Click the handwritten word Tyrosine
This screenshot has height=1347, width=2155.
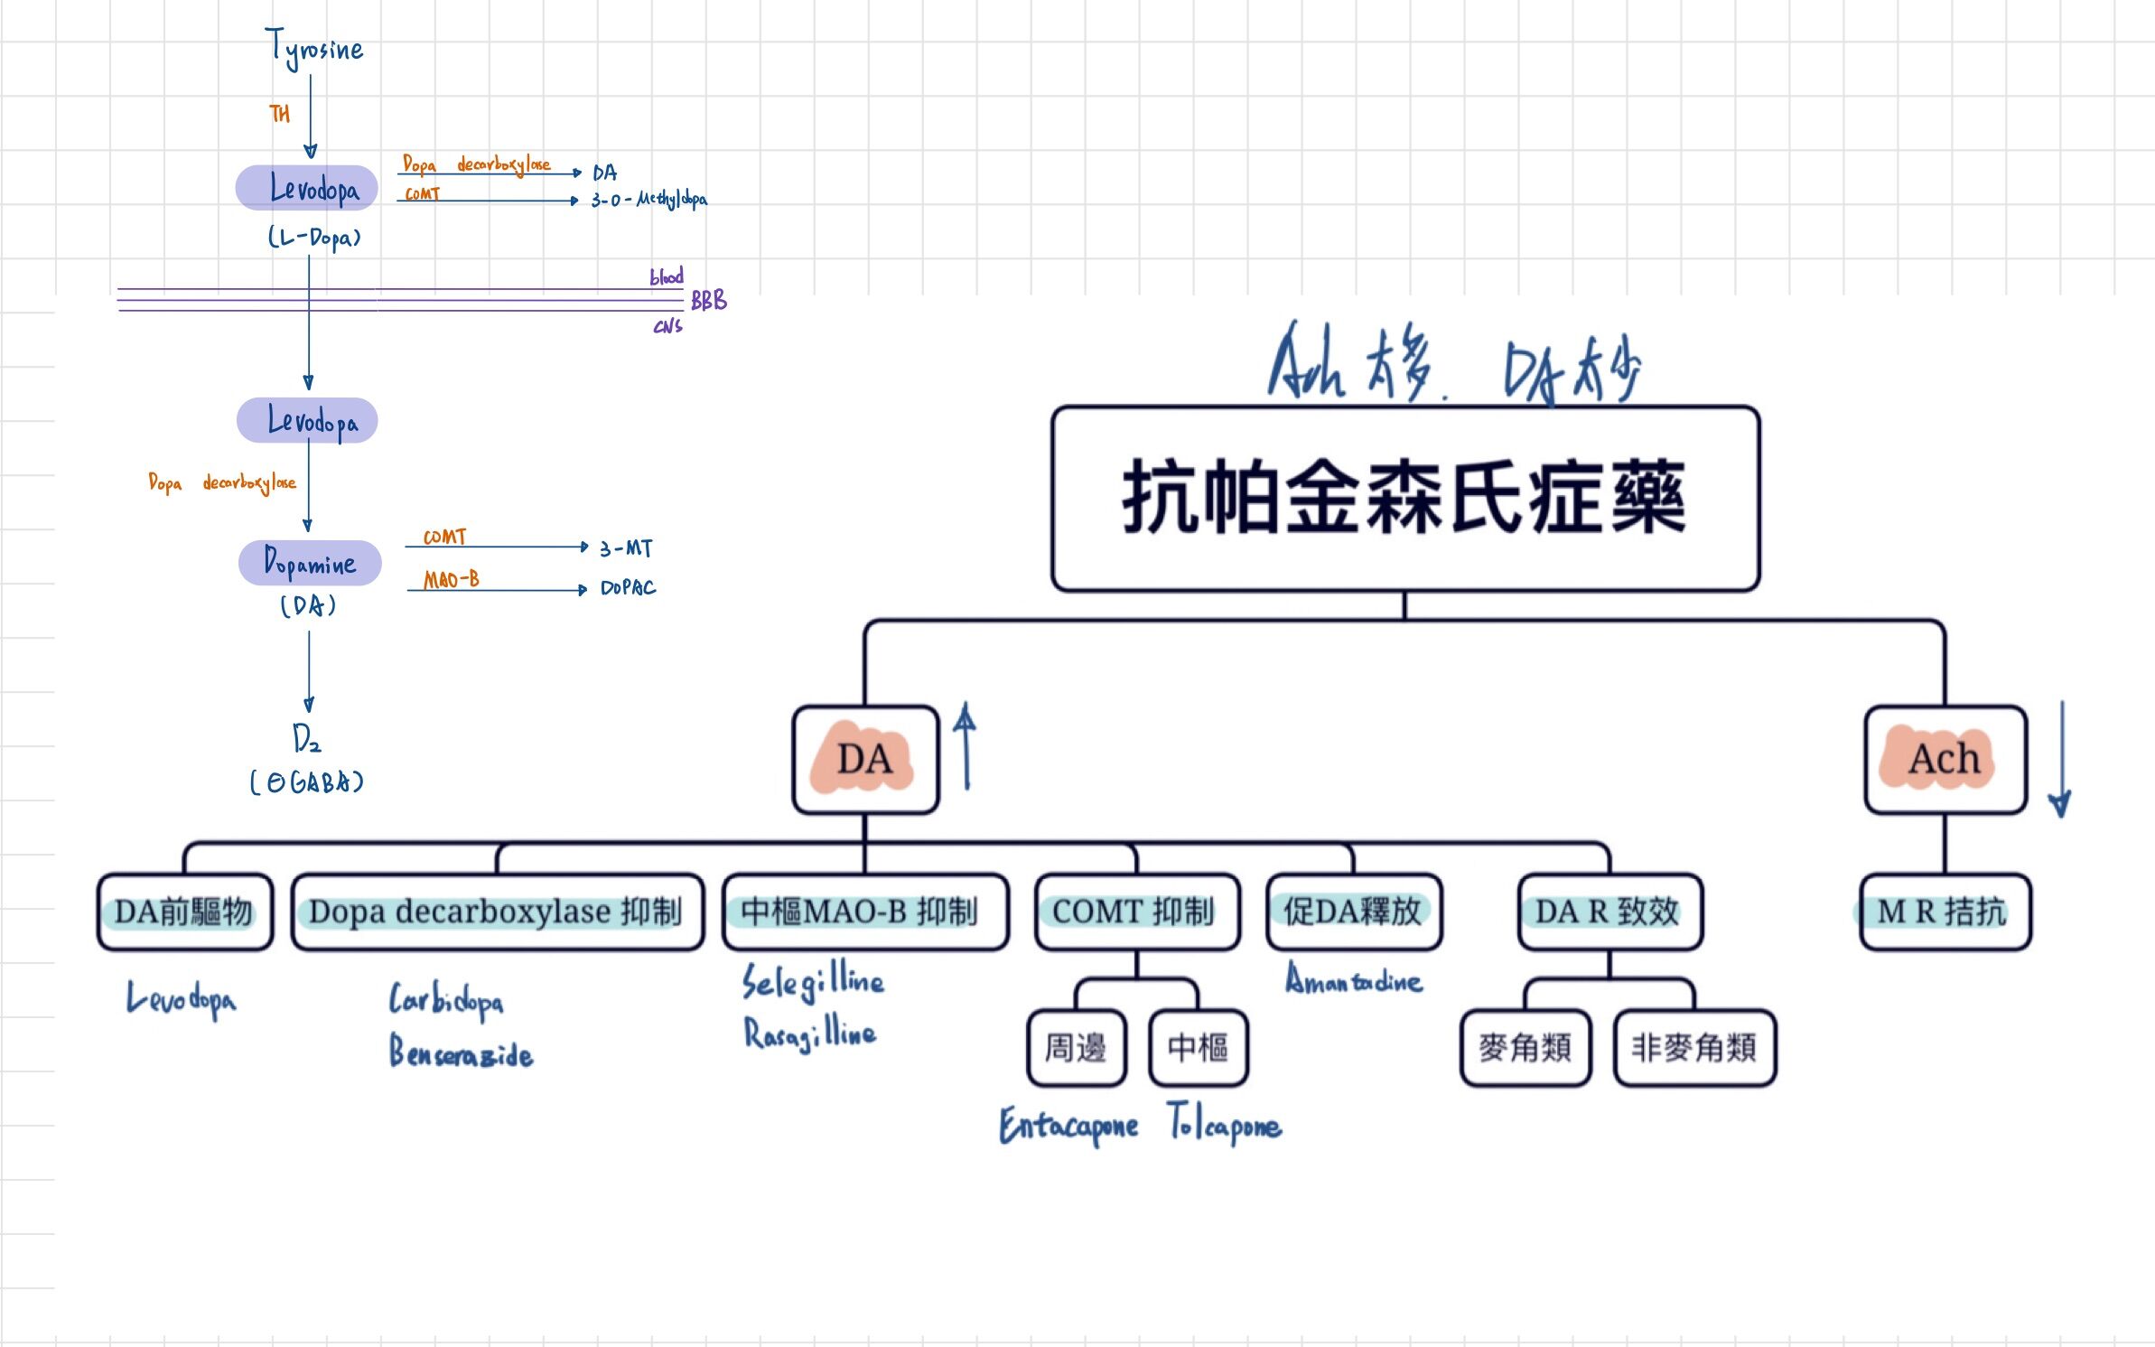(314, 48)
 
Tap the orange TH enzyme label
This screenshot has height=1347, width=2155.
(279, 114)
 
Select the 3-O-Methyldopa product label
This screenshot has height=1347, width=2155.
(648, 200)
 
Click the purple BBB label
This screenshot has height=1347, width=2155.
(708, 301)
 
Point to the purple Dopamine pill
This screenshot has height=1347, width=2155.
(310, 563)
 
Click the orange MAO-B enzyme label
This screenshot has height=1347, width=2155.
(451, 579)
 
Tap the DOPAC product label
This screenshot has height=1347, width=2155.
(628, 588)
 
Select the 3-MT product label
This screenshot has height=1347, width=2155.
(626, 548)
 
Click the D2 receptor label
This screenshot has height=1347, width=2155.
(306, 739)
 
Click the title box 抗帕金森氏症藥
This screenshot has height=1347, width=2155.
(1404, 499)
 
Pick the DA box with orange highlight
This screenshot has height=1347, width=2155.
(864, 760)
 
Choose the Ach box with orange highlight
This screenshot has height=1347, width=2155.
(1945, 760)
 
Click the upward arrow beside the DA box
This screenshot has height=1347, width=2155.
(966, 746)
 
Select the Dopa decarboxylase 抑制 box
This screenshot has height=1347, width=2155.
(496, 912)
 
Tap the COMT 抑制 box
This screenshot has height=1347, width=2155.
(1135, 912)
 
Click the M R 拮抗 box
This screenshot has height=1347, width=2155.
(1945, 912)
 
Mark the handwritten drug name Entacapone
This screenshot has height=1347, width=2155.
(1068, 1126)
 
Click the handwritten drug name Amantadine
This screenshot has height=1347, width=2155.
(1353, 981)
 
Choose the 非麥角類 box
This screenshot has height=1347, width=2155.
(1694, 1048)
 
